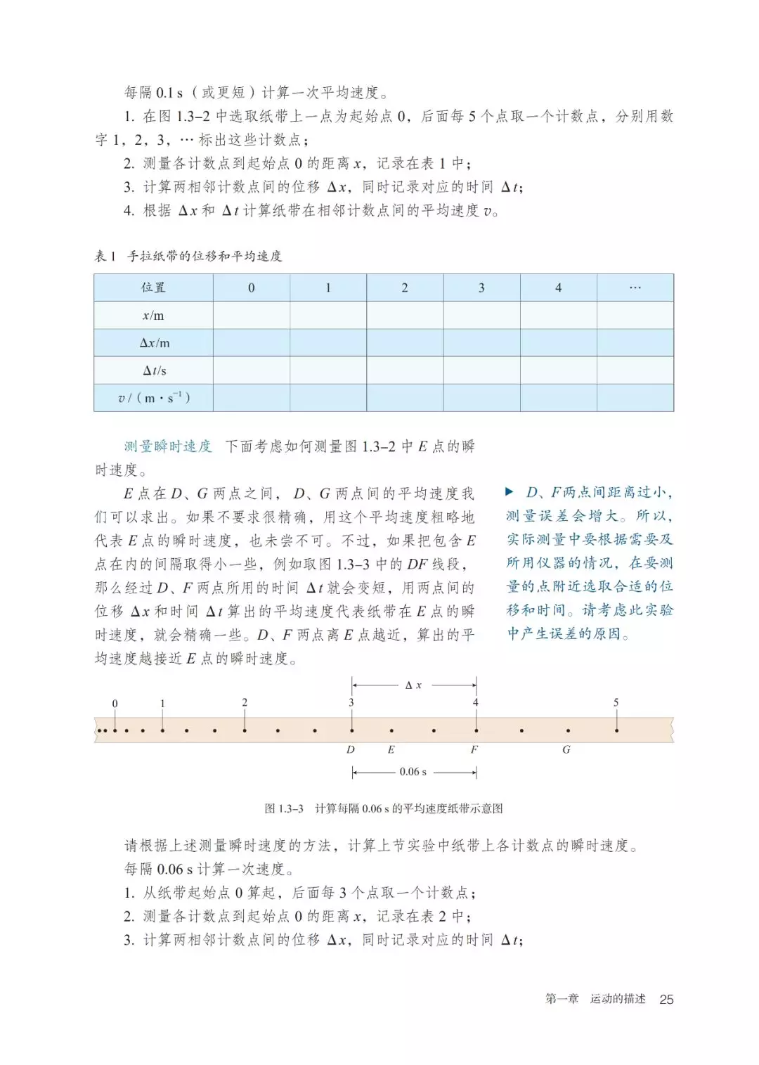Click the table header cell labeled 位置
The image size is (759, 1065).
point(153,288)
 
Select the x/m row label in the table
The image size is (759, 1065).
point(153,316)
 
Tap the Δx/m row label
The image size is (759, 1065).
point(154,343)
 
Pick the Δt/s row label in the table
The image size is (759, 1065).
point(154,370)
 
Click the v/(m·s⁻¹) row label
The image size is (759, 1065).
point(154,398)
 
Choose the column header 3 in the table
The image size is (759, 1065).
point(481,288)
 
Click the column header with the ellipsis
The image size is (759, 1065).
point(635,288)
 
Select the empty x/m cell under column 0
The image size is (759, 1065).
point(252,316)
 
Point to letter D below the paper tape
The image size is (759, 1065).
point(351,749)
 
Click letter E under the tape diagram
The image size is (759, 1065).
point(391,749)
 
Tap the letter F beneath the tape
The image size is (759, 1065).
point(474,749)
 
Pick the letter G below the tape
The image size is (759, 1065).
point(566,749)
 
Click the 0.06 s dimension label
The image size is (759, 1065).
point(413,772)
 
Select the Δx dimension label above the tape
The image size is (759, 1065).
point(413,685)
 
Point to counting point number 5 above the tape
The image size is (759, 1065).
point(616,702)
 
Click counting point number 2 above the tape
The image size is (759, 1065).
point(245,702)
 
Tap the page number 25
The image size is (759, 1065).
point(666,999)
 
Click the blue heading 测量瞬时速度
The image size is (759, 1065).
point(168,446)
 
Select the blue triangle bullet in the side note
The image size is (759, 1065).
point(510,492)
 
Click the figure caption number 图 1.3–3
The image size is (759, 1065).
point(284,808)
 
